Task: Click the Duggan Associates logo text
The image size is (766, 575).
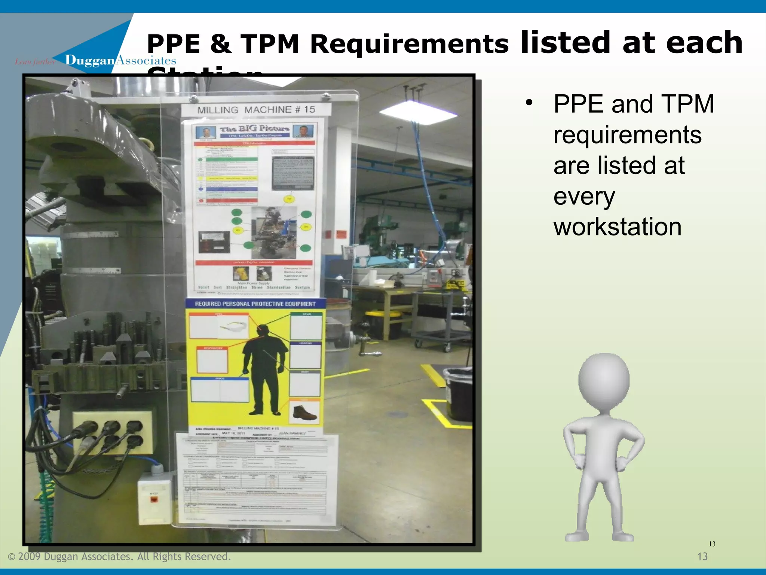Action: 120,60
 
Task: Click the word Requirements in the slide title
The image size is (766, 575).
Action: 409,44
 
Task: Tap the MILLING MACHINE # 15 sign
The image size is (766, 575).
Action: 256,110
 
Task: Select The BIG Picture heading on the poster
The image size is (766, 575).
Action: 254,129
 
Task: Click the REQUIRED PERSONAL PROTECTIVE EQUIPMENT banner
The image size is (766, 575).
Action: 255,304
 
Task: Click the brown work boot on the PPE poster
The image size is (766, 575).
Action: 304,413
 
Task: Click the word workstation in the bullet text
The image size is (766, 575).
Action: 617,227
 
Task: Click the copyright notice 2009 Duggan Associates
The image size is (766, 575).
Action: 119,557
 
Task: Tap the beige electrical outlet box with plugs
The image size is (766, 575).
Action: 112,432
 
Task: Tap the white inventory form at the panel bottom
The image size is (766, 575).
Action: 257,479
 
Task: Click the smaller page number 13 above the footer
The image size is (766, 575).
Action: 712,544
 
